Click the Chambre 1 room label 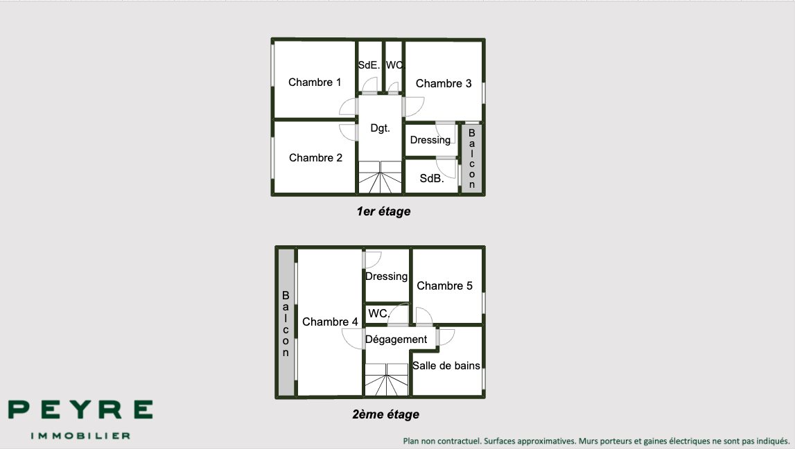pos(315,82)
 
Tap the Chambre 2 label pos(315,158)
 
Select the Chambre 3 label pos(444,84)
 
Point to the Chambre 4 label pos(330,322)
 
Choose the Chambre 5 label pos(444,285)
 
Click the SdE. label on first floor pos(369,65)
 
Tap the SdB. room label pos(431,179)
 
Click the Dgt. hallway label pos(380,128)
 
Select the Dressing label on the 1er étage pos(430,140)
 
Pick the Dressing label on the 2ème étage pos(386,276)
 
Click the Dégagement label pos(396,339)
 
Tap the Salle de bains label pos(446,365)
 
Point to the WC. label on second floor pos(378,313)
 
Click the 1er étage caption pos(383,212)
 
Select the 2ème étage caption pos(385,415)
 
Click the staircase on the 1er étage pos(380,178)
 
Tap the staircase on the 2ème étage pos(387,380)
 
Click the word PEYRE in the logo pos(80,410)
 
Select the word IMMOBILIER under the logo pos(80,436)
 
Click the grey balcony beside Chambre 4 pos(286,323)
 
